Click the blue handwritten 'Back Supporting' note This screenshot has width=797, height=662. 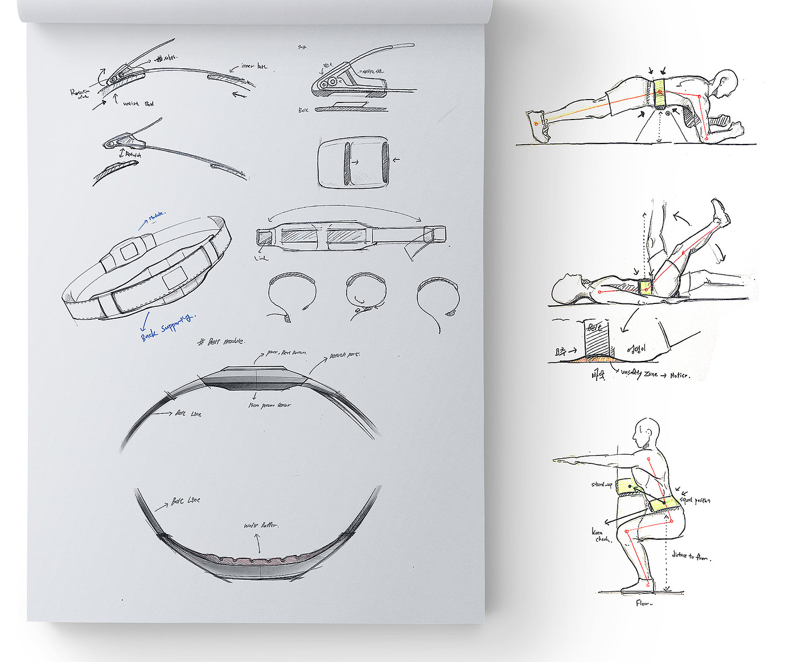[167, 327]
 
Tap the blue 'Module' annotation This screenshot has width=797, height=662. [155, 216]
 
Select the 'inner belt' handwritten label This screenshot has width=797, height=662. [254, 66]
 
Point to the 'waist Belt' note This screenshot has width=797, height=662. [138, 104]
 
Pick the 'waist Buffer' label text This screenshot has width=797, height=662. [261, 525]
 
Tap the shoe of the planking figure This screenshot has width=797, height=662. [537, 125]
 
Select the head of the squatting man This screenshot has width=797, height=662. [647, 434]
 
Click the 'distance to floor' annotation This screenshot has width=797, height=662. [691, 556]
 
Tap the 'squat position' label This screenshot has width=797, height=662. [695, 500]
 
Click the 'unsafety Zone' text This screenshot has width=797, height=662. [639, 373]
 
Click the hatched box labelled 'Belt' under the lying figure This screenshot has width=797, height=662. [595, 338]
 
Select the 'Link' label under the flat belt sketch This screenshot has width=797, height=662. [261, 258]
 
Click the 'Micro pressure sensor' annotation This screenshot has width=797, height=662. [269, 405]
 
